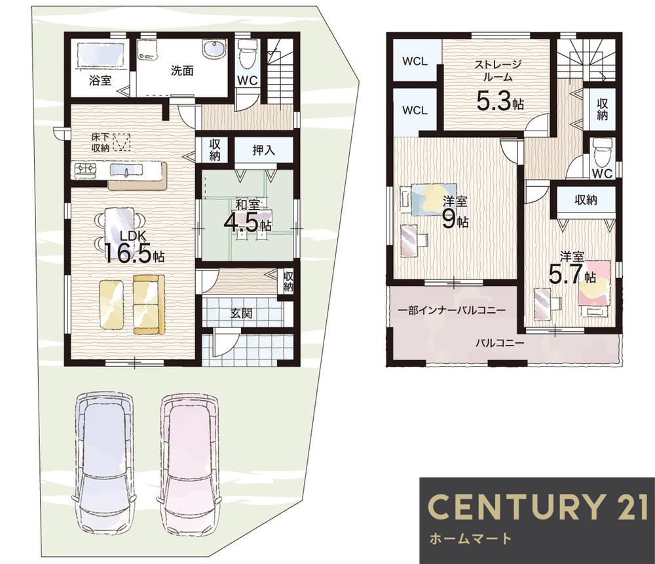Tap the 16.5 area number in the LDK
128,253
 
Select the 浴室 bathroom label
100,80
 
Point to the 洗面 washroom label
182,70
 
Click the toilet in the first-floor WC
248,54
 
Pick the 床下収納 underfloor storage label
101,142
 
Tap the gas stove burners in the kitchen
85,169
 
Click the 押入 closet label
263,150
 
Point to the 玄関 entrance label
242,313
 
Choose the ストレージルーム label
497,71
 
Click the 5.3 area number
495,101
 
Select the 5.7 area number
565,275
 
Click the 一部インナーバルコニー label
452,310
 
